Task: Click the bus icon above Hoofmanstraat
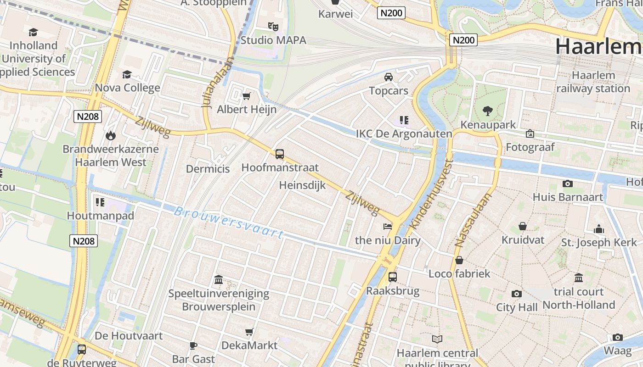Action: tap(280, 154)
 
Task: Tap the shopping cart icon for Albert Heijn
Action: tap(247, 96)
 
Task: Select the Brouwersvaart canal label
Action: tap(229, 222)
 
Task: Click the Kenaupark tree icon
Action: tap(487, 111)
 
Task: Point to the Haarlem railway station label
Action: tap(593, 82)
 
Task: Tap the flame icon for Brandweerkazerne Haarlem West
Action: tap(110, 135)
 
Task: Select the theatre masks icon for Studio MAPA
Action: tap(273, 27)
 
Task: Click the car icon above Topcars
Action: tap(389, 77)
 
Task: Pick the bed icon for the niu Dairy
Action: tap(388, 226)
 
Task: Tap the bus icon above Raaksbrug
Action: tap(393, 277)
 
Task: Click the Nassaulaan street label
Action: tap(473, 220)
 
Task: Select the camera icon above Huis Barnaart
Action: tap(568, 183)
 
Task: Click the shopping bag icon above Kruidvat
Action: tap(523, 226)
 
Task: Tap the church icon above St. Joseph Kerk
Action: tap(599, 228)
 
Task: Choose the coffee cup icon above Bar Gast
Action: tap(193, 345)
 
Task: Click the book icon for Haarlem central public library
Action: tap(437, 339)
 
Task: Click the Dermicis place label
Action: tap(208, 169)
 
